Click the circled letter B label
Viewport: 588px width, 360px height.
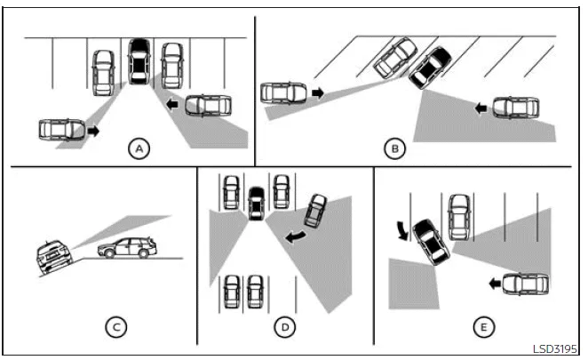(395, 148)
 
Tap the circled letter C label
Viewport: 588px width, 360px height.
(115, 327)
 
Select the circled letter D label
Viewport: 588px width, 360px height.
(283, 327)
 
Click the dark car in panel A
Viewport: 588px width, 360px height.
(138, 61)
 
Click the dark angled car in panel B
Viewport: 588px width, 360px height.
(429, 67)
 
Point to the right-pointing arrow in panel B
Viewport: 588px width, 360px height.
(318, 92)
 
